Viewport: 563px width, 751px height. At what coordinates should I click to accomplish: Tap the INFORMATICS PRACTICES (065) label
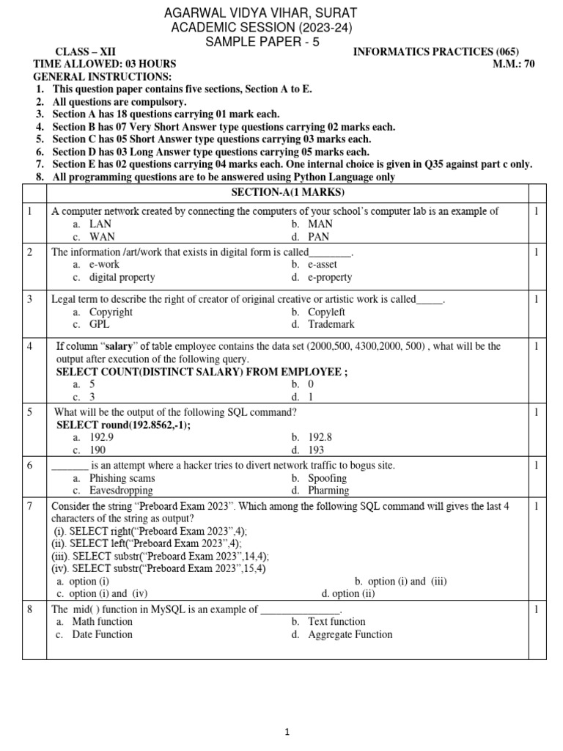[x=435, y=51]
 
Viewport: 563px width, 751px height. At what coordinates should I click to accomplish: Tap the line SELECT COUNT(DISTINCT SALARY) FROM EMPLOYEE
[x=202, y=372]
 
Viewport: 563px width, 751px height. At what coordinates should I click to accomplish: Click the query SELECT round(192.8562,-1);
[x=128, y=425]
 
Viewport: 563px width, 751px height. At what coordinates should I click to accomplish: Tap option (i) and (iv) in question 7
[x=107, y=593]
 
